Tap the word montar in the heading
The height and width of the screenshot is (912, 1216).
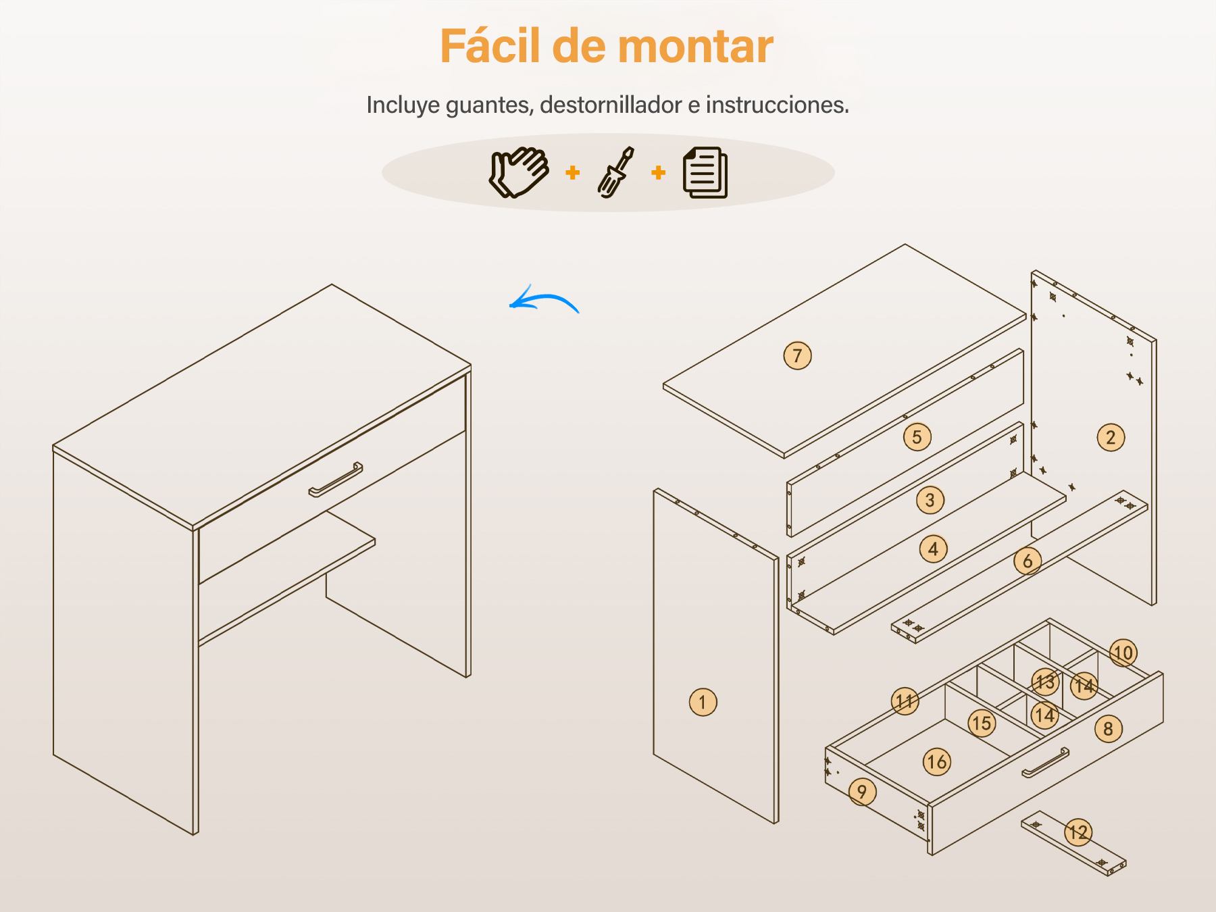[x=695, y=47]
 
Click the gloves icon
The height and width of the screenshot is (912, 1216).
[x=519, y=172]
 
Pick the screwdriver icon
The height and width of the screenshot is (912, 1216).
[x=616, y=172]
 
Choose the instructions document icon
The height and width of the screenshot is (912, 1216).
[x=705, y=172]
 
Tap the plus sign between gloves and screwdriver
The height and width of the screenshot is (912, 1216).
[x=573, y=173]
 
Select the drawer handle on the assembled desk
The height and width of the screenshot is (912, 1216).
[x=336, y=480]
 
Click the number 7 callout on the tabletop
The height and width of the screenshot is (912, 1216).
[x=797, y=355]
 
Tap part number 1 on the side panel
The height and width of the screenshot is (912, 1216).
[x=703, y=702]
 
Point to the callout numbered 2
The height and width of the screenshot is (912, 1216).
[x=1111, y=437]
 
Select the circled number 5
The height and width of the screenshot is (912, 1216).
[x=917, y=437]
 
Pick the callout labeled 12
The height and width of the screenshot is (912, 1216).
[x=1078, y=832]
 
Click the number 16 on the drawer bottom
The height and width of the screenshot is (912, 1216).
[x=937, y=762]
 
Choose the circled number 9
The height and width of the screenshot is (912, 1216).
[x=862, y=792]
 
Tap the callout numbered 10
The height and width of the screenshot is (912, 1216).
[x=1123, y=653]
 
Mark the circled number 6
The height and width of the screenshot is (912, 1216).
[x=1028, y=561]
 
